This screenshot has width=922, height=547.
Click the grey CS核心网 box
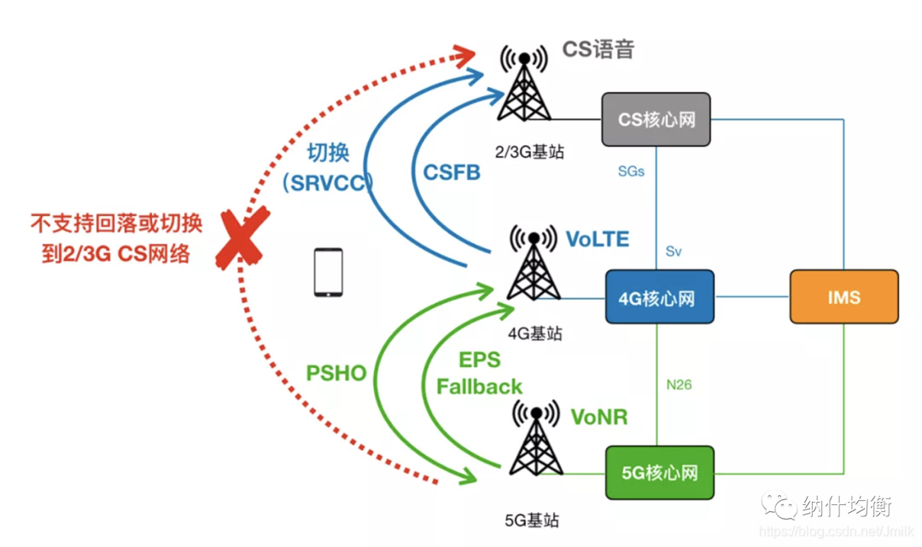656,119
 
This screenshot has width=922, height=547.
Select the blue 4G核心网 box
656,298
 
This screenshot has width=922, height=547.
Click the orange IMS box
843,297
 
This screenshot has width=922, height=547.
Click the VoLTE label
598,240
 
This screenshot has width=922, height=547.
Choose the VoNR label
599,417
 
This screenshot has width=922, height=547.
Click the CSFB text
452,172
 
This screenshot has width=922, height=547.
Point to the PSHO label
336,373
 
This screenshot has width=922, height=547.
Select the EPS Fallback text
479,373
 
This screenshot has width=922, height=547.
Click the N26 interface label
679,385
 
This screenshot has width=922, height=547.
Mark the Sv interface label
674,253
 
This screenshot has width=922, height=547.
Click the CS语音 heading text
598,49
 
